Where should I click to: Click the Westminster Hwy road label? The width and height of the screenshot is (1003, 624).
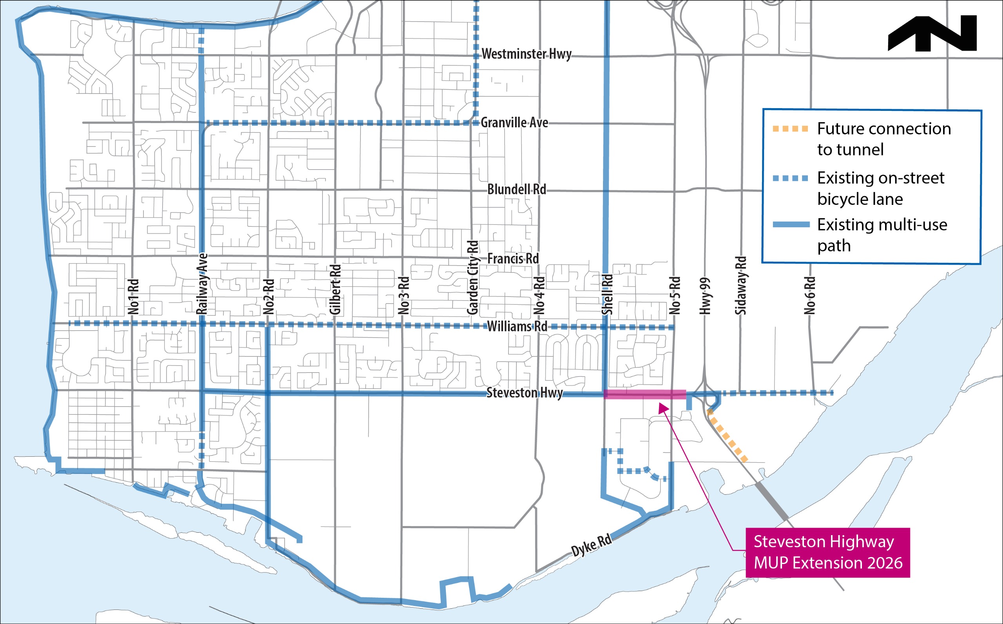point(527,54)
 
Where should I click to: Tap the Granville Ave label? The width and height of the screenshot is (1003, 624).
point(514,123)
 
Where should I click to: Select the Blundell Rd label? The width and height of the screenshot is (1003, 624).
point(517,190)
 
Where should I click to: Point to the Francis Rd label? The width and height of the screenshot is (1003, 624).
point(513,259)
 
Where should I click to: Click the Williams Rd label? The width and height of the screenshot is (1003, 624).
point(517,326)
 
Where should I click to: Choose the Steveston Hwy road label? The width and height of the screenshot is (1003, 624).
point(525,392)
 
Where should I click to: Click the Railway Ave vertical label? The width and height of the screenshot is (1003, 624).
point(202,284)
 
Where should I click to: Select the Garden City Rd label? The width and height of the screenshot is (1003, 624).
point(473,277)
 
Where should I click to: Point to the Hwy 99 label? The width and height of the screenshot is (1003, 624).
point(706,295)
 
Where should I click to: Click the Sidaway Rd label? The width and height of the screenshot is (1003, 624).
point(741,286)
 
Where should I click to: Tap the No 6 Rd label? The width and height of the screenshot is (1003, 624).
point(810,295)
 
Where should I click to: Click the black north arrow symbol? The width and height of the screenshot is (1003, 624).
point(932,34)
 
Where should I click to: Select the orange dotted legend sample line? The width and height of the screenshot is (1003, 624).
point(790,129)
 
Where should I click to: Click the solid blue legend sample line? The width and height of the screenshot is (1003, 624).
point(791,224)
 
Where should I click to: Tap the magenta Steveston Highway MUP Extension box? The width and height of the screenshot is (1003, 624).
point(827,552)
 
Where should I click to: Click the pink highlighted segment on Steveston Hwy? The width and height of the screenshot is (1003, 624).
point(645,394)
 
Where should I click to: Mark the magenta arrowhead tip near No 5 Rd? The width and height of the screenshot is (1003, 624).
point(659,405)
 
